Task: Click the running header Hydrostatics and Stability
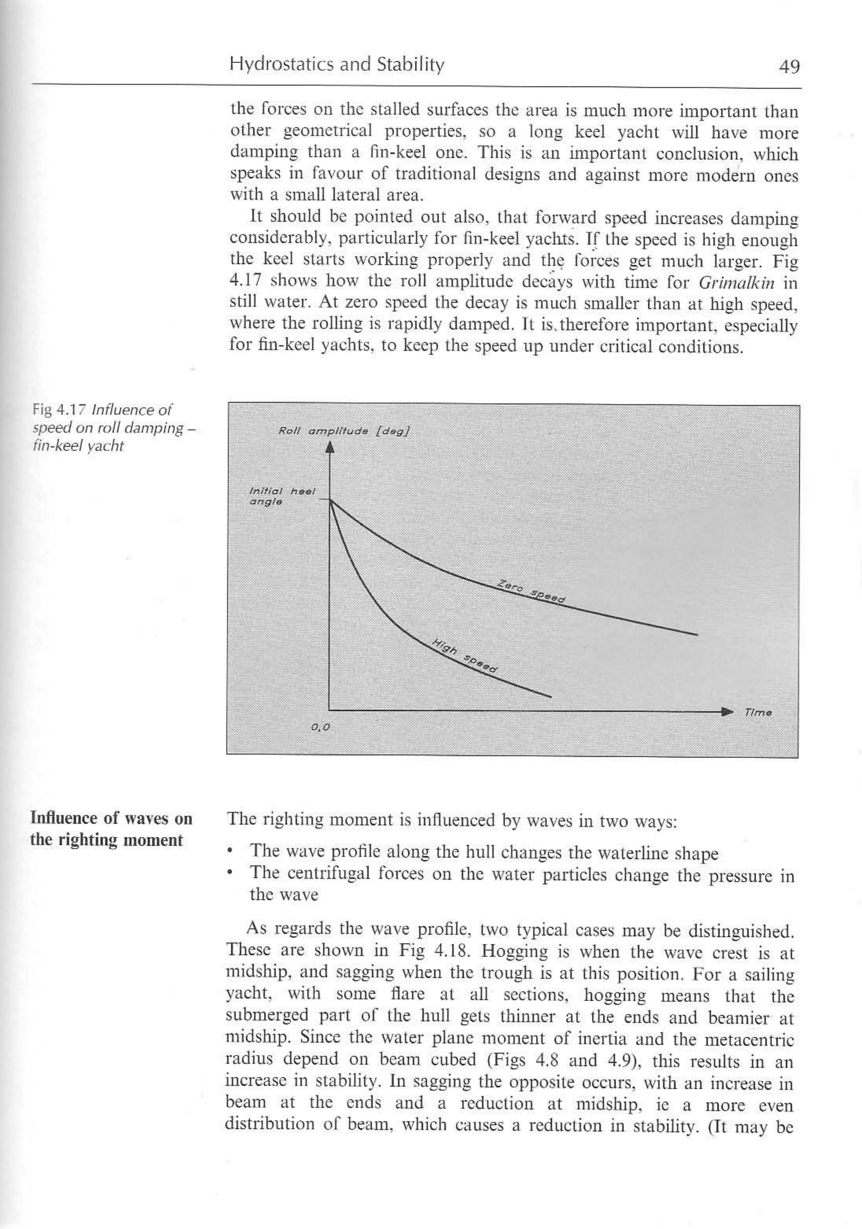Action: (x=337, y=65)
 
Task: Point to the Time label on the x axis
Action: (x=758, y=713)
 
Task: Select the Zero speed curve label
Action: (x=531, y=591)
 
